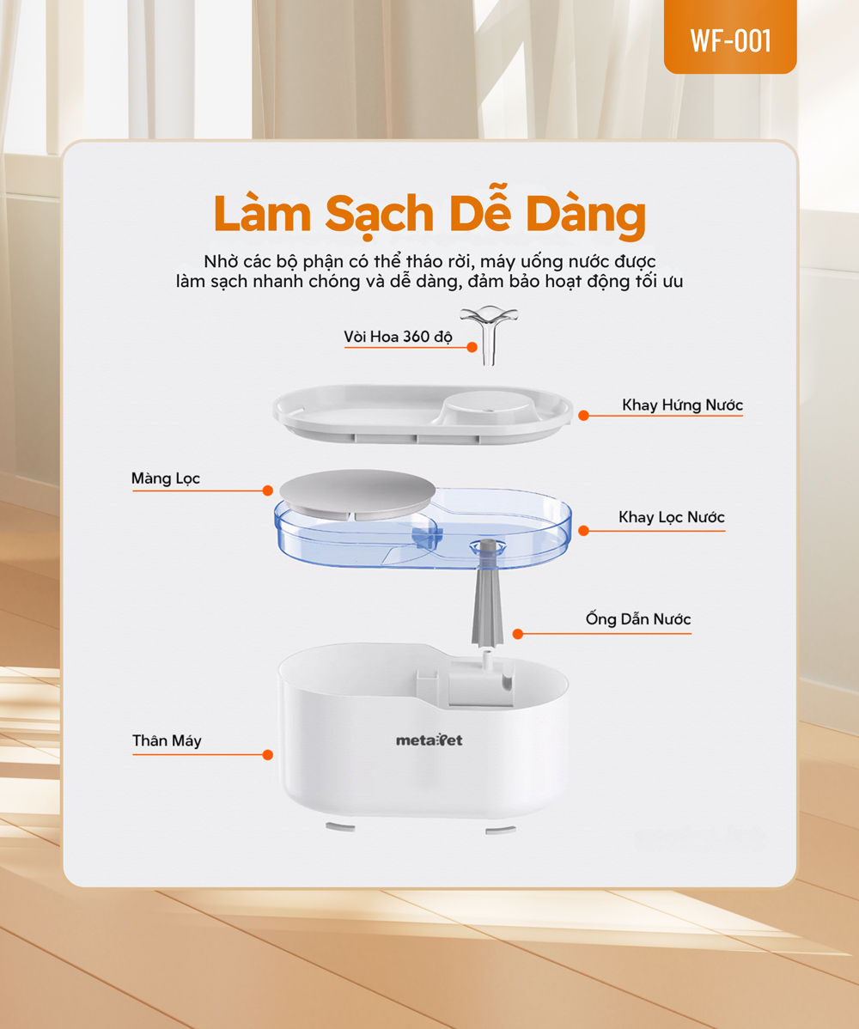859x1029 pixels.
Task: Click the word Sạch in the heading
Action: click(380, 214)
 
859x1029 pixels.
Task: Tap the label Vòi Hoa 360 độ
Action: click(398, 337)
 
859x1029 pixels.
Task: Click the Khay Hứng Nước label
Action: click(682, 405)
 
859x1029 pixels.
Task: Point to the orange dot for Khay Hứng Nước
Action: click(583, 416)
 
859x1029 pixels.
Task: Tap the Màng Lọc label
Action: click(166, 478)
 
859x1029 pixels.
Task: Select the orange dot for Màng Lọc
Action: click(268, 490)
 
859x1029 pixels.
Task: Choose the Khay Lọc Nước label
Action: click(672, 517)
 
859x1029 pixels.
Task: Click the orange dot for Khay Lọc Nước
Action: click(583, 530)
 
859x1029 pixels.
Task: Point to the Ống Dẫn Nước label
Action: click(638, 619)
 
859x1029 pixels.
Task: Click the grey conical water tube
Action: click(488, 593)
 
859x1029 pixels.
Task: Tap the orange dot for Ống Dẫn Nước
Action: click(518, 634)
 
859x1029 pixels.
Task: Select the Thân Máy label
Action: click(167, 741)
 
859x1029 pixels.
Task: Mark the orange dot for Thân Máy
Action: click(268, 755)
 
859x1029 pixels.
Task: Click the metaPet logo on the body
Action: click(429, 740)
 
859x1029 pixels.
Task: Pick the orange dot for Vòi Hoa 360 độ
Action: click(472, 347)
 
